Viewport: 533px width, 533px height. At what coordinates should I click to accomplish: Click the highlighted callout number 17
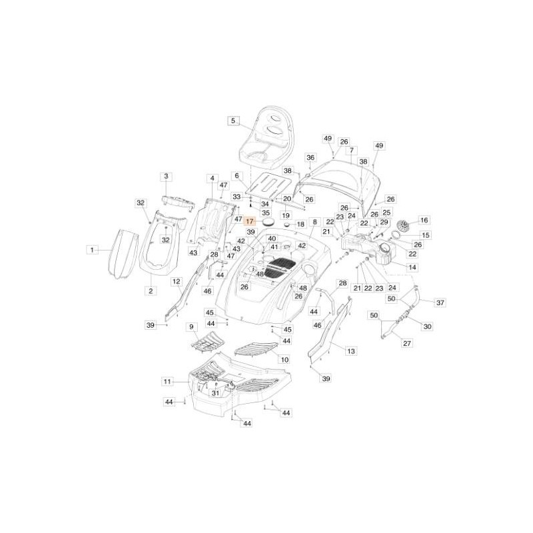point(250,221)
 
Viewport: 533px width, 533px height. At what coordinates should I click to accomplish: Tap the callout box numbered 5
point(233,121)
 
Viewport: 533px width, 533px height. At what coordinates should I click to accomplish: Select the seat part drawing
point(273,137)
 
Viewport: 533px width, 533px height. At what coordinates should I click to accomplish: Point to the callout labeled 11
point(167,382)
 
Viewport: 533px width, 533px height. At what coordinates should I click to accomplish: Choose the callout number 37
point(440,302)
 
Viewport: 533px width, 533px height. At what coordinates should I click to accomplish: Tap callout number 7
point(351,150)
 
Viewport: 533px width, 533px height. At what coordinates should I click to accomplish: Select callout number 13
point(351,350)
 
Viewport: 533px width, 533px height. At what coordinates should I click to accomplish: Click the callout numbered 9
point(192,327)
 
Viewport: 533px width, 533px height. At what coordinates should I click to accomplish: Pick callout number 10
point(284,359)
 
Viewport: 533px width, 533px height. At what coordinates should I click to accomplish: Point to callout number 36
point(310,157)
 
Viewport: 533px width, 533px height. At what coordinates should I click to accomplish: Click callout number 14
point(412,267)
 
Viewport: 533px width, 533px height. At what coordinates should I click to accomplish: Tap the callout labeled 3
point(166,176)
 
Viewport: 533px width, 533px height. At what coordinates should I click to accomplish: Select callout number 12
point(177,282)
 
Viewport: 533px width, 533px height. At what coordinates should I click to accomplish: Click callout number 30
point(427,326)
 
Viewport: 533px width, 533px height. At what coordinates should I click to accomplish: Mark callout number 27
point(408,343)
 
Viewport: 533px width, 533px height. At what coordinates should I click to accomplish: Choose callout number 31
point(215,393)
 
